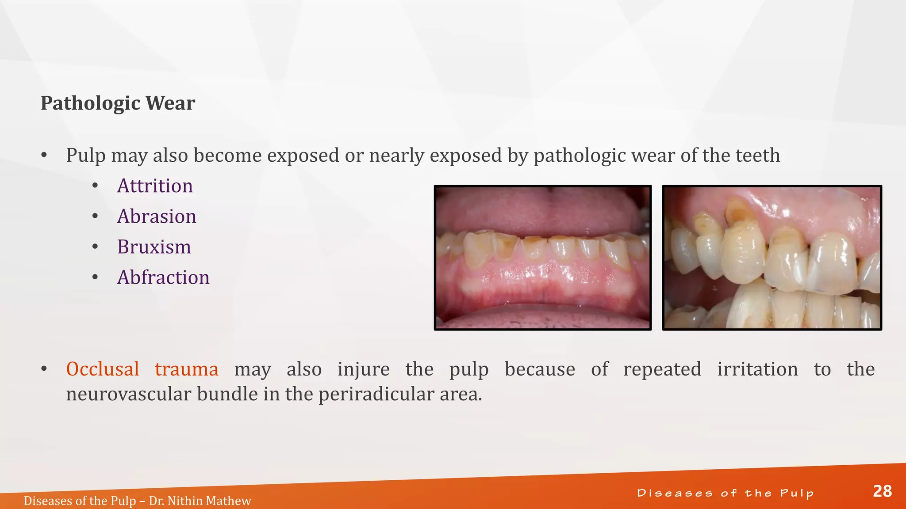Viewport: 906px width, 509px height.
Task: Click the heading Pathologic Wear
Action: click(118, 103)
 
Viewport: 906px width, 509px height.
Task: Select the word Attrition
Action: click(155, 186)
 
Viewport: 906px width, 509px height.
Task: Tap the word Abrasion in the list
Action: click(157, 217)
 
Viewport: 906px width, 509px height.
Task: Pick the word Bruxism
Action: click(154, 247)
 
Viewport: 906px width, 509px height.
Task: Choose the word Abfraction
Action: click(163, 277)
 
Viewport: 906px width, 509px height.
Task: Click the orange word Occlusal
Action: click(103, 369)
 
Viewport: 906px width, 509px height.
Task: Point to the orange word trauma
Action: click(186, 369)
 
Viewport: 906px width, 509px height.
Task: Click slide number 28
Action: click(882, 491)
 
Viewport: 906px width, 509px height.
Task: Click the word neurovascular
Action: click(129, 394)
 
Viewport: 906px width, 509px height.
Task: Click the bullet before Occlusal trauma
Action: click(44, 369)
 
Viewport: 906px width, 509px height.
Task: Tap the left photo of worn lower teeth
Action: click(543, 258)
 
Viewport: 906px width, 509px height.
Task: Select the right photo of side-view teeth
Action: click(772, 258)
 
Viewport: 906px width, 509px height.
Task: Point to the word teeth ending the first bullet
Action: click(757, 156)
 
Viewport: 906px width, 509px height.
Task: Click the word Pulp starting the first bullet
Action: click(86, 156)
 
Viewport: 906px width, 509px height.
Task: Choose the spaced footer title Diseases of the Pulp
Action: click(725, 493)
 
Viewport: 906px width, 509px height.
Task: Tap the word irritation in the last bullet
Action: click(757, 369)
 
